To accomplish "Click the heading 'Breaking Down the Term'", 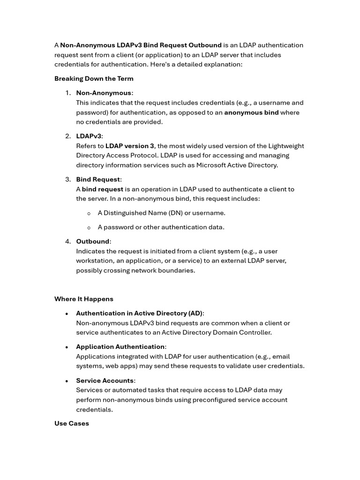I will (94, 79).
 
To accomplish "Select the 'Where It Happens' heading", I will (84, 299).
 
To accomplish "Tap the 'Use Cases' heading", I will (72, 423).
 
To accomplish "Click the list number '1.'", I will (68, 93).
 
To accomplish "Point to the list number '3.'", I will (68, 180).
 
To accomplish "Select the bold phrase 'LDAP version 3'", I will (130, 146).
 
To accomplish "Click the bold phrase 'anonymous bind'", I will (251, 112).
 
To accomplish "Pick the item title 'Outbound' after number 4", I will (93, 241).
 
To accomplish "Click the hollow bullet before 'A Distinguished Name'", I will (89, 213).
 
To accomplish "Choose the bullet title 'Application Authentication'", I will (120, 347).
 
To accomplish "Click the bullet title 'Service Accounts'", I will (105, 381).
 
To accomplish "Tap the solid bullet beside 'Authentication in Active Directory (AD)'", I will (67, 314).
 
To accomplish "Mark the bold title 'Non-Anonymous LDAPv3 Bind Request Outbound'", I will (141, 45).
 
